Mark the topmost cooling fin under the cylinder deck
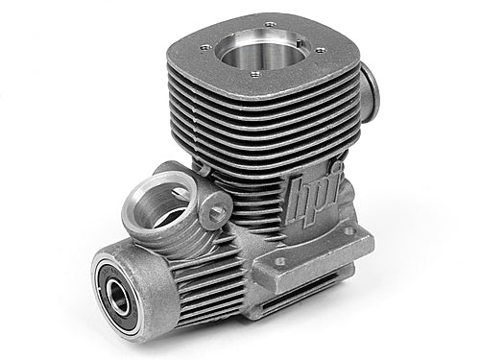point(278,94)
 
